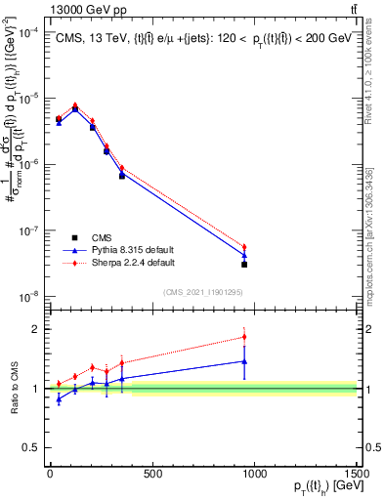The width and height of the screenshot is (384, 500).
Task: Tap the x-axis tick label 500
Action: tap(151, 475)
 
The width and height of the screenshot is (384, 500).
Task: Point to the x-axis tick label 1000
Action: tap(254, 475)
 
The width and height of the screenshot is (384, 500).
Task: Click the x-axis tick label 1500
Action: tap(357, 475)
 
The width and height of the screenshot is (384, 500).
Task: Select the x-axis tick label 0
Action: tap(49, 475)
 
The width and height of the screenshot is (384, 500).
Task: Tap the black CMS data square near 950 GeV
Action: tap(244, 265)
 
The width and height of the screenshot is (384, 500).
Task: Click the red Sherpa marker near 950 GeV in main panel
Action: tap(244, 247)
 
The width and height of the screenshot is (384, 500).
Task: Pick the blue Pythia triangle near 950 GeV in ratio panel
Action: tap(244, 361)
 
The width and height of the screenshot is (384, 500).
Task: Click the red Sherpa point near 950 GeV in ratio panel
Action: tap(244, 337)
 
